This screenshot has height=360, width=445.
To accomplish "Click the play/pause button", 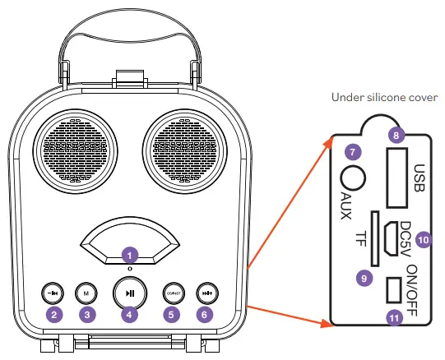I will [x=129, y=292].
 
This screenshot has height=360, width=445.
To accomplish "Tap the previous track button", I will [x=52, y=292].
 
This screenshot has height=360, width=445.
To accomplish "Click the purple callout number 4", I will [x=129, y=314].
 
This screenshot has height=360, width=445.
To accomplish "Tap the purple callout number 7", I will [x=353, y=151].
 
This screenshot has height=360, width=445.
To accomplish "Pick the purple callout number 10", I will [x=423, y=239].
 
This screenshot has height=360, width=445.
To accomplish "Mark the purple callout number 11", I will [x=396, y=316].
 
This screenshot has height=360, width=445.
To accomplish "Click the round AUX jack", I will [x=354, y=178].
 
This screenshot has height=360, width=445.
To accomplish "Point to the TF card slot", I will [x=375, y=238].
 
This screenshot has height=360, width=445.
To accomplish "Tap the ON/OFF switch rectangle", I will [x=393, y=289].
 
